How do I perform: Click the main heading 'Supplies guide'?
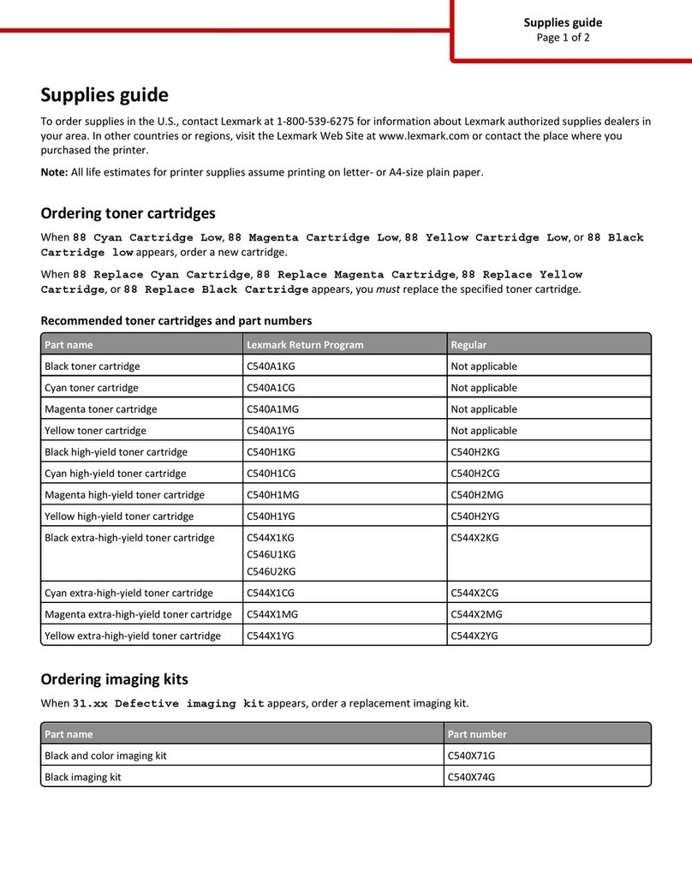(x=104, y=95)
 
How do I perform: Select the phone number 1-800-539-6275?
(x=312, y=122)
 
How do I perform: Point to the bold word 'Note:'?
(x=54, y=172)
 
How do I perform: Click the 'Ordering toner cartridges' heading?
(x=128, y=213)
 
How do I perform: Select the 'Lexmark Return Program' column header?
(x=305, y=345)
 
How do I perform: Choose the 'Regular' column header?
(x=468, y=345)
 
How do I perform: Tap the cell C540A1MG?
(x=275, y=409)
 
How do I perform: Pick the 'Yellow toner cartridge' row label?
(x=95, y=431)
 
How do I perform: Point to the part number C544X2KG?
(x=474, y=538)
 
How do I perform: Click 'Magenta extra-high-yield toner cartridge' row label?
(x=138, y=614)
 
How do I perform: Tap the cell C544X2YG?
(x=474, y=635)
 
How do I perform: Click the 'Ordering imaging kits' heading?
(x=114, y=679)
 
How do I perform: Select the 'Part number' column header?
(x=477, y=734)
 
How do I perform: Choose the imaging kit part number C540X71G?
(x=472, y=755)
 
